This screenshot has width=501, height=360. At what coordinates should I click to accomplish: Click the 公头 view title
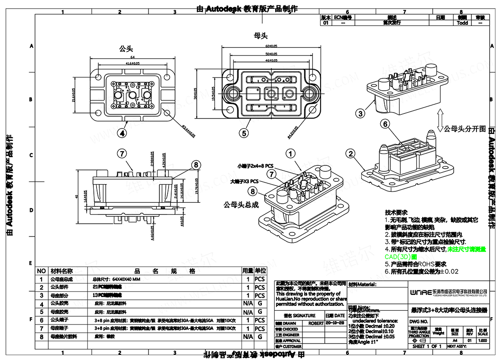(126, 48)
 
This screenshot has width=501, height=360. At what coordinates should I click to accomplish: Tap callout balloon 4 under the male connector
(122, 133)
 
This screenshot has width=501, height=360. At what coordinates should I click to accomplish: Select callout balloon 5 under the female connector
(245, 133)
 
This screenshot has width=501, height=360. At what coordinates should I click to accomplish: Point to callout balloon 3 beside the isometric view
(361, 113)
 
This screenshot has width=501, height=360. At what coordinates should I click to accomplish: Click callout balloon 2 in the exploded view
(350, 154)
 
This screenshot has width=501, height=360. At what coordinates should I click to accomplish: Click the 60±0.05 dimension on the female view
(272, 46)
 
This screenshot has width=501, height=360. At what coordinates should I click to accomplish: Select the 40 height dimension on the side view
(76, 196)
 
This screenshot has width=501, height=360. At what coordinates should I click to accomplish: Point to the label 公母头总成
(241, 205)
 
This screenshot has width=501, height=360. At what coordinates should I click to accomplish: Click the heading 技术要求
(395, 212)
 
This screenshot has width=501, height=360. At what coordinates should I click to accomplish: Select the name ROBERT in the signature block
(316, 323)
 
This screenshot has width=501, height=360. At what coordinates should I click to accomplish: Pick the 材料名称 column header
(61, 271)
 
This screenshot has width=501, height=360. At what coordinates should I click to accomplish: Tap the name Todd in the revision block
(462, 22)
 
